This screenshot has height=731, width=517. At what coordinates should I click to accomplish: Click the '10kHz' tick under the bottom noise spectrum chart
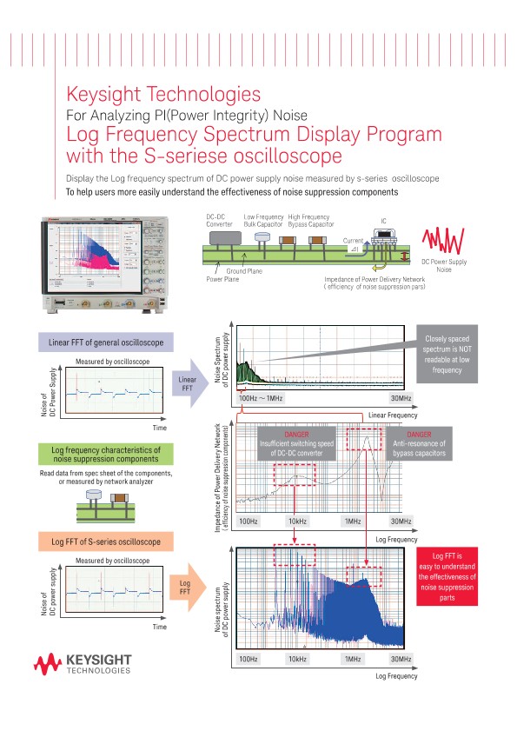click(x=297, y=659)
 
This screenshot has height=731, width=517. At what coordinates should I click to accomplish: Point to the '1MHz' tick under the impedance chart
click(x=353, y=522)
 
